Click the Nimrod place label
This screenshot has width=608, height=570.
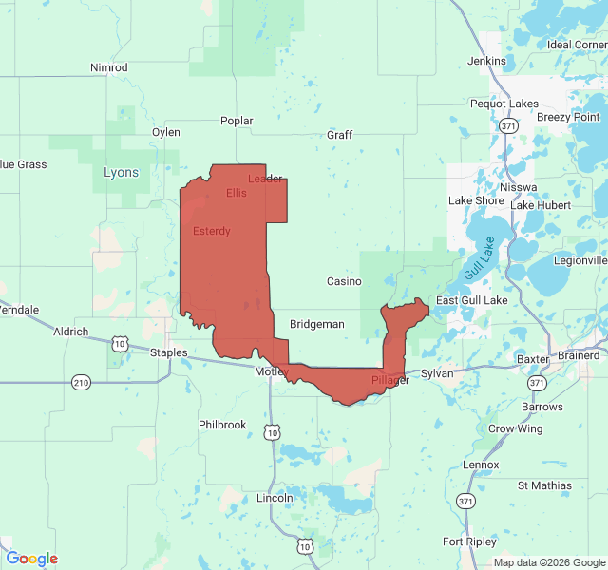coord(108,67)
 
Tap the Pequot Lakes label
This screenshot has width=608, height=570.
coord(503,104)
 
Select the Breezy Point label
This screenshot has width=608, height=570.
coord(568,117)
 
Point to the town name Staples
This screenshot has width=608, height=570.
coord(170,352)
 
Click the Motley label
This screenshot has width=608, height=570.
coord(270,371)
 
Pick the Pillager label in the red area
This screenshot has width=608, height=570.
coord(390,380)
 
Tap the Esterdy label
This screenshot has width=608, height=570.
coord(211,231)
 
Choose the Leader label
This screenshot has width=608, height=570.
coord(265,179)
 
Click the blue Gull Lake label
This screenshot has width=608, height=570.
coord(480,257)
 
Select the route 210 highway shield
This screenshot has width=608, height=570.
coord(81,382)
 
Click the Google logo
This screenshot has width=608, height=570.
coord(31,559)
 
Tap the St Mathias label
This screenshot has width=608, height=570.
coord(544,485)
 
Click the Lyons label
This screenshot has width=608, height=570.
coord(121,173)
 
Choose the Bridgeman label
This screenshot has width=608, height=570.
coord(317,324)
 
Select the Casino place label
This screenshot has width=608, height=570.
coord(344,281)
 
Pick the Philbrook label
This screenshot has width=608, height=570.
coord(222,425)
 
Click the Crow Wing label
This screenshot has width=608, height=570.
coord(516,428)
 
